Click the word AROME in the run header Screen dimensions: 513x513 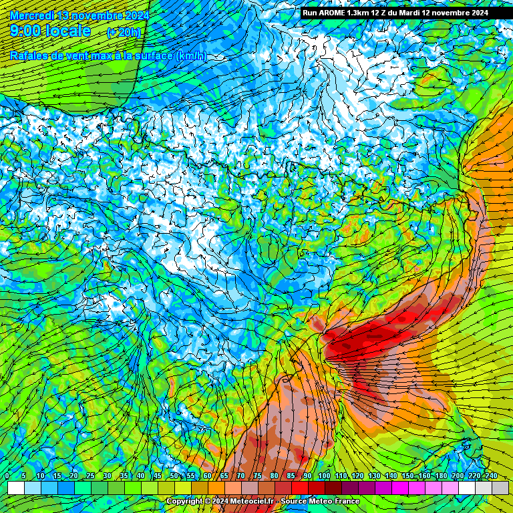(x=333, y=13)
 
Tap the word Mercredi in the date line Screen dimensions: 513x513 (x=33, y=15)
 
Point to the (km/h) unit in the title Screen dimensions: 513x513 (x=191, y=56)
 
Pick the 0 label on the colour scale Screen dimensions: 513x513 (x=7, y=476)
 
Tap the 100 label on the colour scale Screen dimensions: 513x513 (x=324, y=476)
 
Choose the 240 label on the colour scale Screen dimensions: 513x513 (x=491, y=476)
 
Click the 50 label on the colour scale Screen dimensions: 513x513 (x=174, y=476)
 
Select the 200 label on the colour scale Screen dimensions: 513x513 (x=458, y=476)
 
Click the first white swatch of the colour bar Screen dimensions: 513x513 (x=15, y=488)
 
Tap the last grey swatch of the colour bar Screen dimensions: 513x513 (x=500, y=488)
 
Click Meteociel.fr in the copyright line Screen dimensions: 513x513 (x=254, y=501)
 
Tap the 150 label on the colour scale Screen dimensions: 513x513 (x=407, y=476)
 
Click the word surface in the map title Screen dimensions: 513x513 (x=153, y=56)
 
